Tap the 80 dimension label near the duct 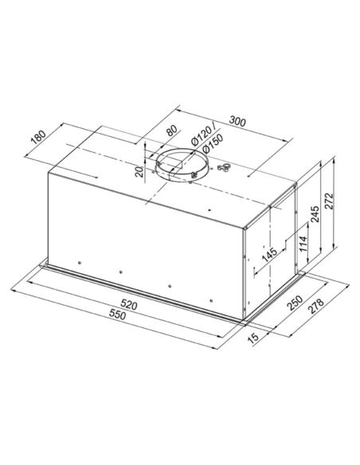click(169, 132)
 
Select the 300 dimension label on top click(237, 121)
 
